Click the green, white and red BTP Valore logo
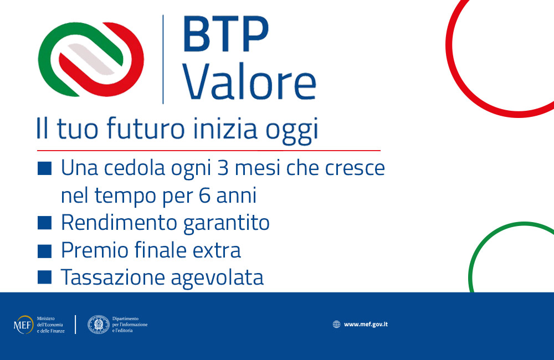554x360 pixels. tap(91, 59)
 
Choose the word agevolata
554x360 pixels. tap(217, 279)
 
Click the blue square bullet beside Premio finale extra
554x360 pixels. tap(45, 250)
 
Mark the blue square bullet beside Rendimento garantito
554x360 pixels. tap(45, 223)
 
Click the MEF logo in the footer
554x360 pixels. tap(24, 324)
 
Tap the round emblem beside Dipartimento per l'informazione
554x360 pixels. tap(98, 324)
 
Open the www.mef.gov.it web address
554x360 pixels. tap(366, 324)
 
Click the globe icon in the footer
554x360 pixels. tap(336, 324)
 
